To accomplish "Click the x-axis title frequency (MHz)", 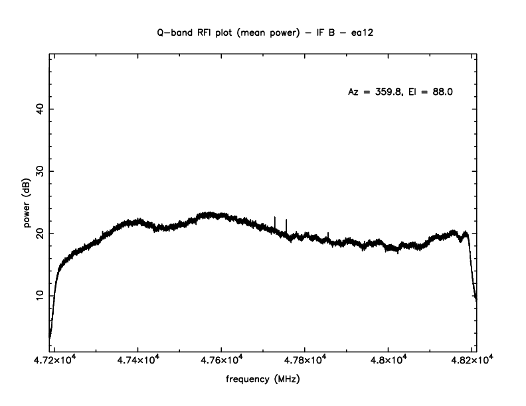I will pyautogui.click(x=263, y=381).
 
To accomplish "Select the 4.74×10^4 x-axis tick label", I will pyautogui.click(x=137, y=360).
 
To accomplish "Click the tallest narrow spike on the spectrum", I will pyautogui.click(x=275, y=218).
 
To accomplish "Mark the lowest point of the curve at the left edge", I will pyautogui.click(x=50, y=336).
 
